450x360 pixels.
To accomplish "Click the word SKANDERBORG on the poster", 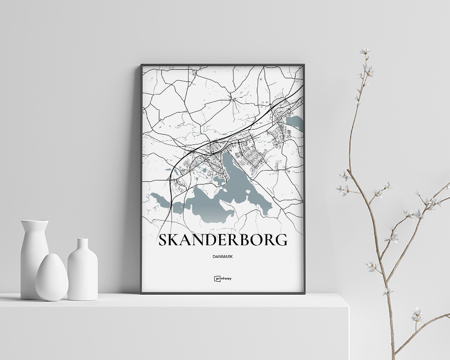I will [x=223, y=240].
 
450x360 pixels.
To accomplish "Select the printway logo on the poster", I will [x=223, y=279].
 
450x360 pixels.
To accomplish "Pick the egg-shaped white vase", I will [x=52, y=278].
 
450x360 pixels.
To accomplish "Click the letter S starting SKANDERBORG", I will [x=163, y=240].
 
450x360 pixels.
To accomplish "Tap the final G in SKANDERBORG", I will [x=281, y=240].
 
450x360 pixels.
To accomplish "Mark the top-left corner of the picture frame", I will [x=141, y=65].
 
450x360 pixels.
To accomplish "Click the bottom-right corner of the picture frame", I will [x=304, y=293].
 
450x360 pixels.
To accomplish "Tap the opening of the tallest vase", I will [x=35, y=221].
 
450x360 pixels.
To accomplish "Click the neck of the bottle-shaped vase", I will [x=82, y=246].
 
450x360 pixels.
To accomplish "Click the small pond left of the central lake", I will [x=219, y=180].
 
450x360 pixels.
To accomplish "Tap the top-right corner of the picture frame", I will [x=304, y=65].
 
